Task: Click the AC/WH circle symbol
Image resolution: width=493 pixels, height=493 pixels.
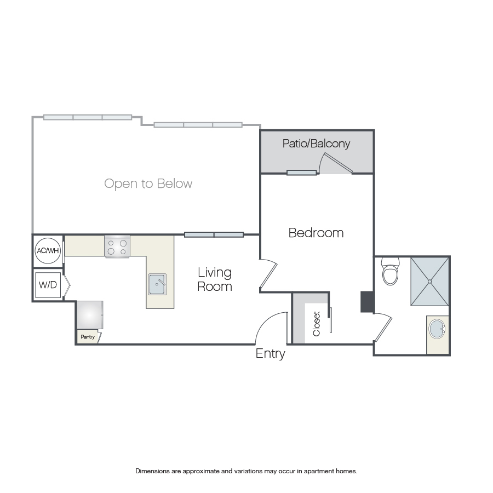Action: [x=48, y=250]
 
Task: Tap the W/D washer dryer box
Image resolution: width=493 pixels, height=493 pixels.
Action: [x=48, y=285]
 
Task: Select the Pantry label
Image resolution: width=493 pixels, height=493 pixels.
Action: [x=88, y=337]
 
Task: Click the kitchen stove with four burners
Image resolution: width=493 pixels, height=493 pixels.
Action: [x=117, y=247]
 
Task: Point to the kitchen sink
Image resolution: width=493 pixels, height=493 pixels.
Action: [x=157, y=284]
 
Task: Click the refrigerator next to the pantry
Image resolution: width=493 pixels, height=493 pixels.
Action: [x=90, y=315]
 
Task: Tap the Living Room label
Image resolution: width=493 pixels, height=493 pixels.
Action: [x=215, y=279]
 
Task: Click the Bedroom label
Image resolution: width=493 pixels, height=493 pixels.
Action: [x=316, y=233]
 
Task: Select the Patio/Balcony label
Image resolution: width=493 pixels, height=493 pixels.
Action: [x=316, y=144]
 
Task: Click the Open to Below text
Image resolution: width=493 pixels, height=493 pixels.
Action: [x=148, y=184]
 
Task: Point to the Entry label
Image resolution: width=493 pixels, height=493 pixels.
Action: [x=271, y=354]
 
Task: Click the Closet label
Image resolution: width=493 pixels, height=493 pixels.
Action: [x=316, y=324]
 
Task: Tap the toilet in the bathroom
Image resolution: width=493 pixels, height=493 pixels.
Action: [x=390, y=271]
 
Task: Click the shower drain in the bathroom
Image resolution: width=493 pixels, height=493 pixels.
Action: [x=430, y=282]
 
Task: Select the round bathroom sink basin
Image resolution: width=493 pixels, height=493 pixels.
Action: [x=437, y=329]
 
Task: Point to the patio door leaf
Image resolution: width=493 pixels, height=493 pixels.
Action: [x=339, y=163]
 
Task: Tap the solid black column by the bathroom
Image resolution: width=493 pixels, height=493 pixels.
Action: [x=368, y=302]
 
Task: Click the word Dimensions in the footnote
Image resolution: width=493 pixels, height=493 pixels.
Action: [x=152, y=471]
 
